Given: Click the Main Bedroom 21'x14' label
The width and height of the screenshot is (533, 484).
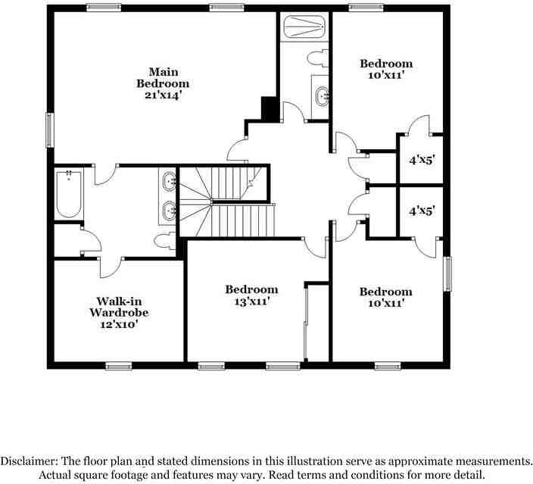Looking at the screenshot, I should pyautogui.click(x=162, y=83).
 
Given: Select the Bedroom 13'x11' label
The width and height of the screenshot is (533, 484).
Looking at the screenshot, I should pyautogui.click(x=251, y=295).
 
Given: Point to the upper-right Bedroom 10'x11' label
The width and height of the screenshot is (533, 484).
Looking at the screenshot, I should pyautogui.click(x=386, y=70).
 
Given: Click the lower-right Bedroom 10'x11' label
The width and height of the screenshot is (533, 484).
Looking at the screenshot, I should pyautogui.click(x=385, y=297).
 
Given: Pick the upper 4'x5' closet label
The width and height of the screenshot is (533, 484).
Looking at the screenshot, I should pyautogui.click(x=422, y=160).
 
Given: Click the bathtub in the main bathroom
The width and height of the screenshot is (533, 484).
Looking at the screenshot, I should pyautogui.click(x=69, y=195).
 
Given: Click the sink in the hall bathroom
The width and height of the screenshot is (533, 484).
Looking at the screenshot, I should pyautogui.click(x=323, y=96).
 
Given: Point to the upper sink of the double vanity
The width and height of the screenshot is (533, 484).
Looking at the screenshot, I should pyautogui.click(x=170, y=183).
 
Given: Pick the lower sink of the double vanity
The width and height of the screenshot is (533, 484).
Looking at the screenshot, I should pyautogui.click(x=170, y=210).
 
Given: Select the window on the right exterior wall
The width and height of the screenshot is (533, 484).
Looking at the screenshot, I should pyautogui.click(x=447, y=273).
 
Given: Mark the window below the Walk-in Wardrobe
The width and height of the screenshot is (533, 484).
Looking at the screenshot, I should pyautogui.click(x=118, y=367).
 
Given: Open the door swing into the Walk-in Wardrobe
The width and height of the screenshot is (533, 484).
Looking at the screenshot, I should pyautogui.click(x=112, y=267).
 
